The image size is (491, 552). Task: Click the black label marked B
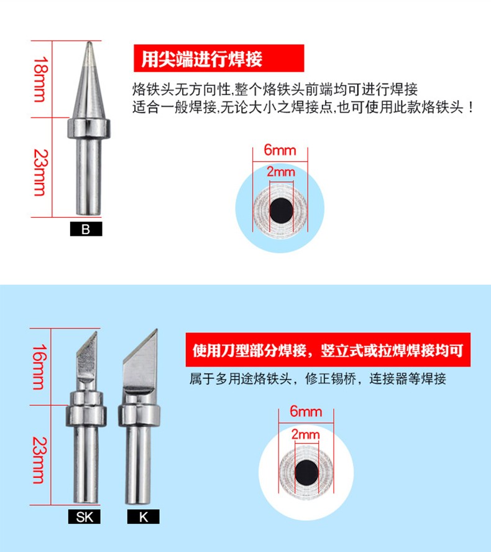coord(86,229)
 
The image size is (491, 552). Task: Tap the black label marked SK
coord(85,517)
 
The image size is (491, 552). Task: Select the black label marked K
coord(144,517)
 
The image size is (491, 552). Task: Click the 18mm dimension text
coord(40,79)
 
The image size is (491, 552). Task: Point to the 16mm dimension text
coord(39,367)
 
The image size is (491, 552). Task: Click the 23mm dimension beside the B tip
coord(40,172)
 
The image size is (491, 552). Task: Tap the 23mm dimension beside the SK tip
coord(39,460)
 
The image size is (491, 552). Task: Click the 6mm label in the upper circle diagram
coord(280,150)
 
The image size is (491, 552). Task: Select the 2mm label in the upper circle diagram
coord(280,172)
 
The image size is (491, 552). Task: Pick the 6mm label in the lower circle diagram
coord(306,411)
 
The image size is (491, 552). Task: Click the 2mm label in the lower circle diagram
coord(305,434)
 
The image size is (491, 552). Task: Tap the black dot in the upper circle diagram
coord(281,210)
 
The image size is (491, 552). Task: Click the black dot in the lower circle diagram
coord(307,472)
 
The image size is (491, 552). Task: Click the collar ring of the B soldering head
coord(89,128)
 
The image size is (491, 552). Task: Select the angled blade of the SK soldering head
coord(87,355)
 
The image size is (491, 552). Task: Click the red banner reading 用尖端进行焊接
coord(219,58)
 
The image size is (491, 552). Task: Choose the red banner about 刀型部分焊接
coord(328,350)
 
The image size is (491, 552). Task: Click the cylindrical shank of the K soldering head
coord(139,465)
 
